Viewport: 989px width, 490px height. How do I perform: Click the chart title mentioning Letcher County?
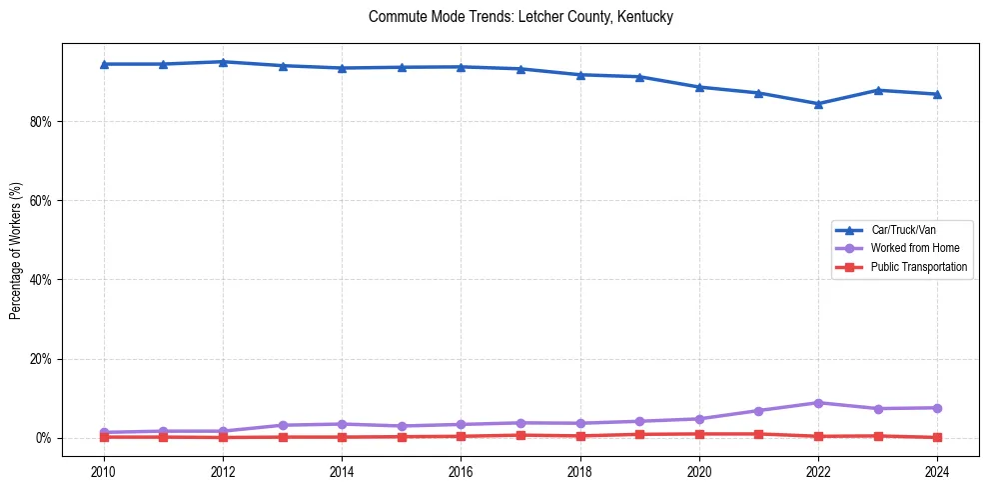(520, 17)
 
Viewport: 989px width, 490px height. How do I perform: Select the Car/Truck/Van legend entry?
(902, 230)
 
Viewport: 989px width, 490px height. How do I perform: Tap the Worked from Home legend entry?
(909, 248)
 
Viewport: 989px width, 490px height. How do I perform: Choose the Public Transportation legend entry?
(918, 267)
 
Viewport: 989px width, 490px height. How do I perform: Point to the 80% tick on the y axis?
(44, 122)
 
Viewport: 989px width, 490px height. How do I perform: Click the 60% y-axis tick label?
(44, 201)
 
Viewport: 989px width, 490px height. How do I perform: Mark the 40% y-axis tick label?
(44, 280)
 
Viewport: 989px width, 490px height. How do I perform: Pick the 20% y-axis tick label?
(44, 359)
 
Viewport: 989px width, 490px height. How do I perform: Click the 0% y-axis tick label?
(47, 438)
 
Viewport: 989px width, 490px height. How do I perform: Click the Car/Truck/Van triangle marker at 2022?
(818, 103)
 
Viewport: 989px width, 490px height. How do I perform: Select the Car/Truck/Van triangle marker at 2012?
(223, 62)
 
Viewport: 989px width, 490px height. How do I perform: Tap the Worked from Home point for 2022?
(818, 403)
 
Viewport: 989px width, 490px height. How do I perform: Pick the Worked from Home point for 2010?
(103, 432)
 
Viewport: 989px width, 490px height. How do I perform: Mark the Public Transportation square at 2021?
(758, 434)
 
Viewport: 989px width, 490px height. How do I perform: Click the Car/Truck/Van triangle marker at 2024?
(937, 94)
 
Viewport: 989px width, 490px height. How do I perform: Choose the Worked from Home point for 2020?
(699, 419)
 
